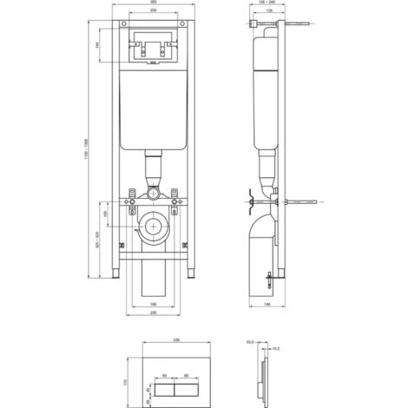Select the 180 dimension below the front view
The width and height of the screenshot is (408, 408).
pyautogui.click(x=153, y=305)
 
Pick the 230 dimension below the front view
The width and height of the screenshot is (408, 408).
pyautogui.click(x=153, y=313)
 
